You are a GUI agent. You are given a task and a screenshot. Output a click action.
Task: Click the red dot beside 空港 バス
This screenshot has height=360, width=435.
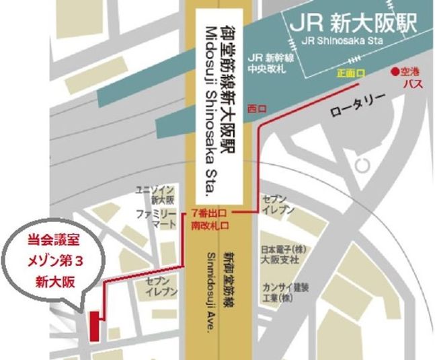(395, 71)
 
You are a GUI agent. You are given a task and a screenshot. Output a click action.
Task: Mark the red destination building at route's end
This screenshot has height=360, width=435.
(94, 326)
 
